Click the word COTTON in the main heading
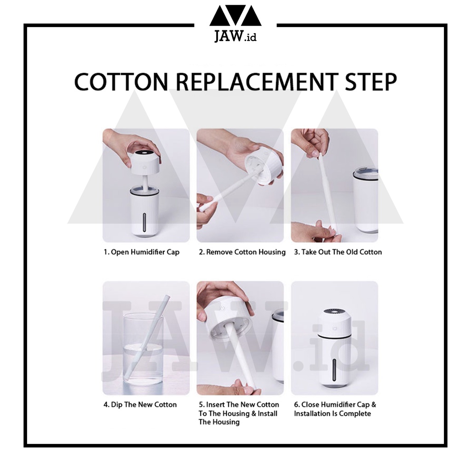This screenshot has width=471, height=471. pos(121,82)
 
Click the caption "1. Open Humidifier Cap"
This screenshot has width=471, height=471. pos(142,252)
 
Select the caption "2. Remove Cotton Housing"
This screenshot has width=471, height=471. pos(242,252)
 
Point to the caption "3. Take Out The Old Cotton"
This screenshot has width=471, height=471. pos(338,252)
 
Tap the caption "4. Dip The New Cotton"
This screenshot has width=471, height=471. pos(140,405)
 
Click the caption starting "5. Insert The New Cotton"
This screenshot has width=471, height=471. pos(239,414)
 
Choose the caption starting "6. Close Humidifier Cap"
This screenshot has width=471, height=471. pos(335,409)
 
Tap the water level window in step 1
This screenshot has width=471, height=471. pos(145,223)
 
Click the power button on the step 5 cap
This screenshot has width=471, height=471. pos(223,308)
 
